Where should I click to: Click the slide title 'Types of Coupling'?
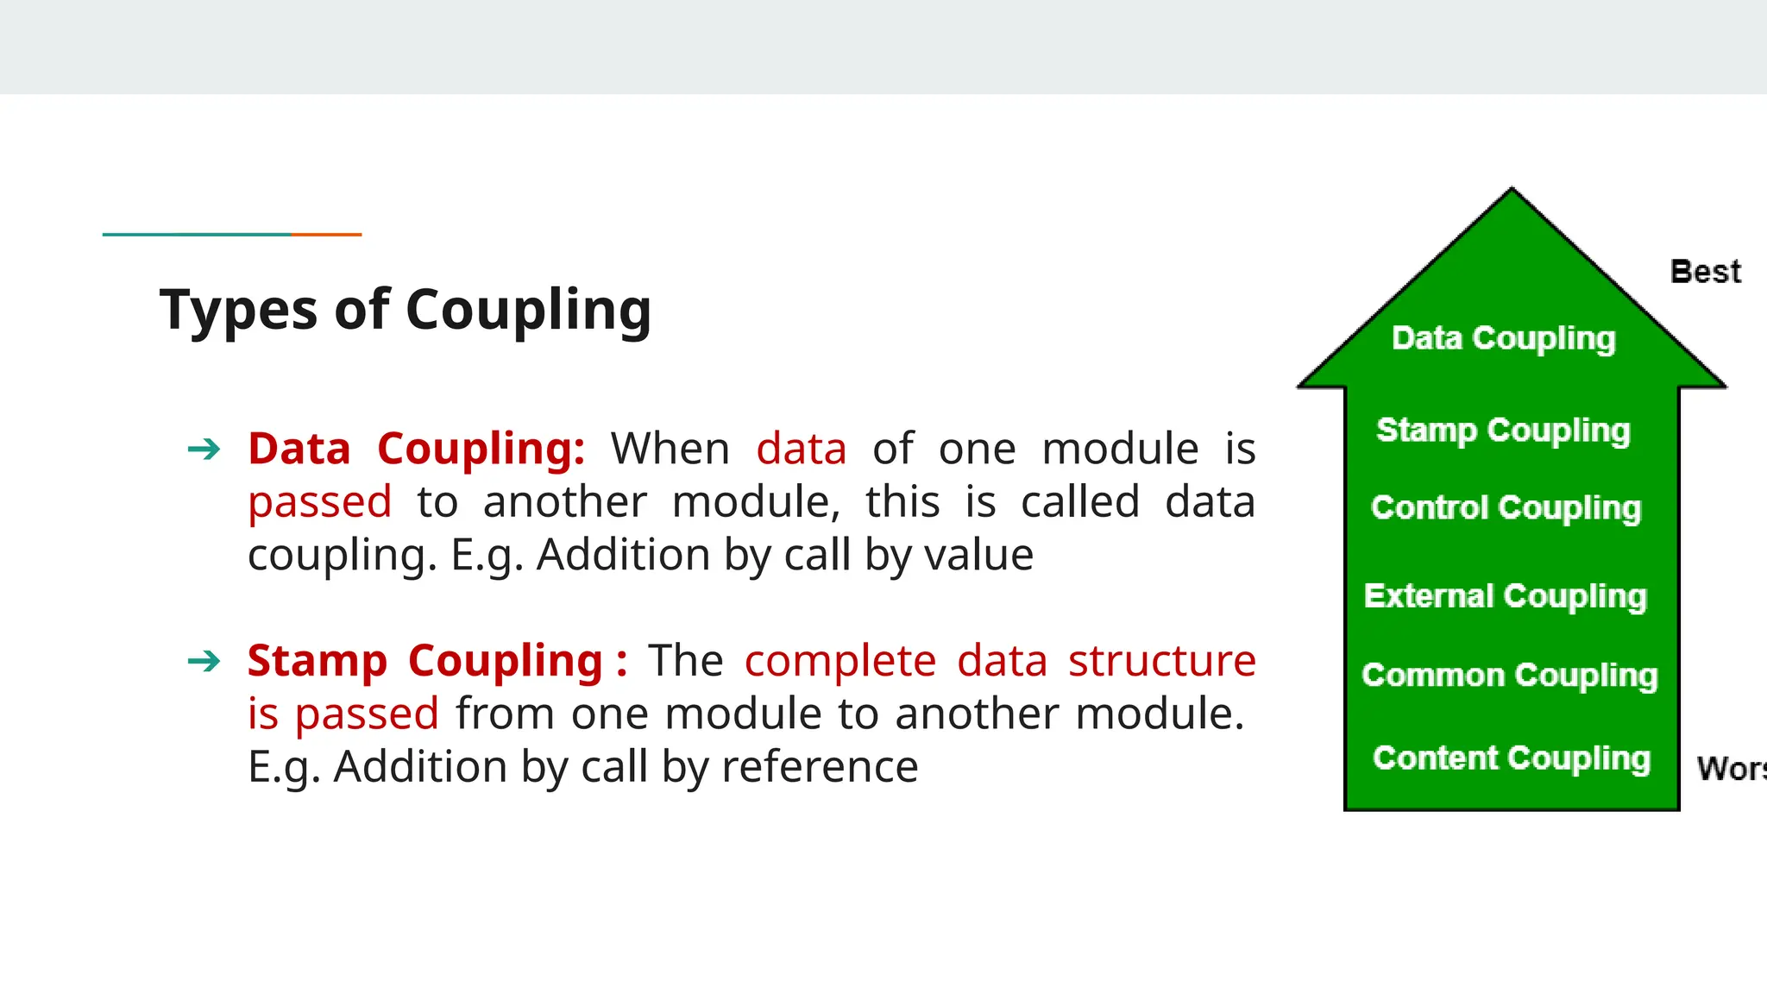coord(406,310)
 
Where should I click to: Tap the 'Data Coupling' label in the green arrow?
coord(1503,338)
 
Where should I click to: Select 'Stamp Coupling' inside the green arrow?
coord(1503,430)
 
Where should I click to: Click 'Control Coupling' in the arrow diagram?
coord(1506,507)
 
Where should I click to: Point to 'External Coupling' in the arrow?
coord(1506,595)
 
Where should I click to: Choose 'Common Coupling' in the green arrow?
coord(1510,675)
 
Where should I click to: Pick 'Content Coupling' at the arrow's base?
coord(1512,758)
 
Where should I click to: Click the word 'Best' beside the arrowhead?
coord(1705,272)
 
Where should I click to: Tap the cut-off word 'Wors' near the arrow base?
coord(1731,768)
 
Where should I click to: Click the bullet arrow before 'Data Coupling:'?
coord(204,449)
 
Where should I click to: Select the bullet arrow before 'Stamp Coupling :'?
coord(204,661)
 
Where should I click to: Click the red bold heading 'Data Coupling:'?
coord(417,449)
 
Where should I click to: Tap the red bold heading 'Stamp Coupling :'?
coord(437,661)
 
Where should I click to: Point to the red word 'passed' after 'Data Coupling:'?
coord(319,502)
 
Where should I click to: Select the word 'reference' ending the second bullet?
coord(820,766)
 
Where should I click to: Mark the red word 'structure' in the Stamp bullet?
coord(1161,661)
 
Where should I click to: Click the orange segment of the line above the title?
coord(326,234)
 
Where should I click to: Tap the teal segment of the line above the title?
coord(197,234)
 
